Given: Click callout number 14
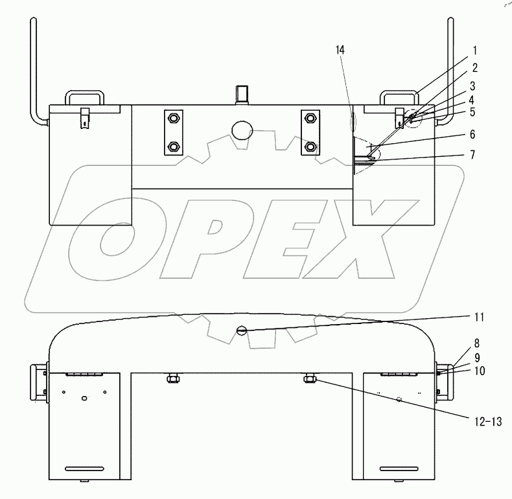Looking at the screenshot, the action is point(340,50).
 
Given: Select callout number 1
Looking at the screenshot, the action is point(475,51).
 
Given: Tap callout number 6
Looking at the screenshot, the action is point(472,134).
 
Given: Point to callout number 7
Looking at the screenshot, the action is point(472,154).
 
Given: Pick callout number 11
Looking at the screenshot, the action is point(479,317).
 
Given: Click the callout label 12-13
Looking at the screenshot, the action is point(488,422).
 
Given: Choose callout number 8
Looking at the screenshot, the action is point(477,343).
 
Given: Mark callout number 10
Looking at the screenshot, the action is point(480,371).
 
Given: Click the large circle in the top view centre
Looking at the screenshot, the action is point(242,130).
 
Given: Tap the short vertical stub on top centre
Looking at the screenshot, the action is point(242,95).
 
